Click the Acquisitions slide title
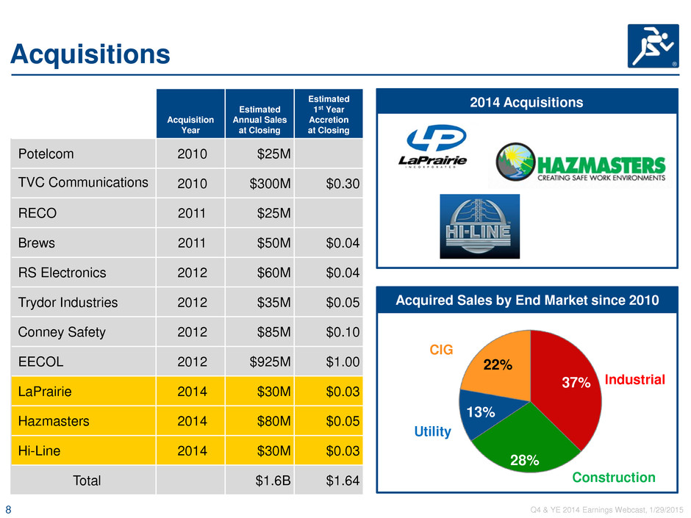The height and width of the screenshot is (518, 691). click(90, 54)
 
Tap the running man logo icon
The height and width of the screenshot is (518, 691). click(653, 46)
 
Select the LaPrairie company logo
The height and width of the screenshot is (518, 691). click(433, 146)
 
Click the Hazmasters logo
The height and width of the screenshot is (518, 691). click(581, 162)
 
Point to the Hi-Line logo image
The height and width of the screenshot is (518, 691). click(479, 226)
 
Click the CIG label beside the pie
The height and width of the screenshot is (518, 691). click(441, 349)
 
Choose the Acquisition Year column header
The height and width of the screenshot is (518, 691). click(190, 125)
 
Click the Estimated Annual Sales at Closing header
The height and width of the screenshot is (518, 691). click(259, 119)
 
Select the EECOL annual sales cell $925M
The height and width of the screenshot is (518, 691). click(270, 361)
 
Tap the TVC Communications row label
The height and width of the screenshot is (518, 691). click(83, 182)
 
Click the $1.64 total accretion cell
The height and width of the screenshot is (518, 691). click(343, 481)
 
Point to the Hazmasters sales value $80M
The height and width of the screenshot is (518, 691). click(273, 421)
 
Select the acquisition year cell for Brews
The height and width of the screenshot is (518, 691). click(192, 242)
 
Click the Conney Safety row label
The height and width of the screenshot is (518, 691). click(62, 332)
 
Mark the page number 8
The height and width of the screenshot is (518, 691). click(8, 510)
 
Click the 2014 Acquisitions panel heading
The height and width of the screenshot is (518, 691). click(526, 102)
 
